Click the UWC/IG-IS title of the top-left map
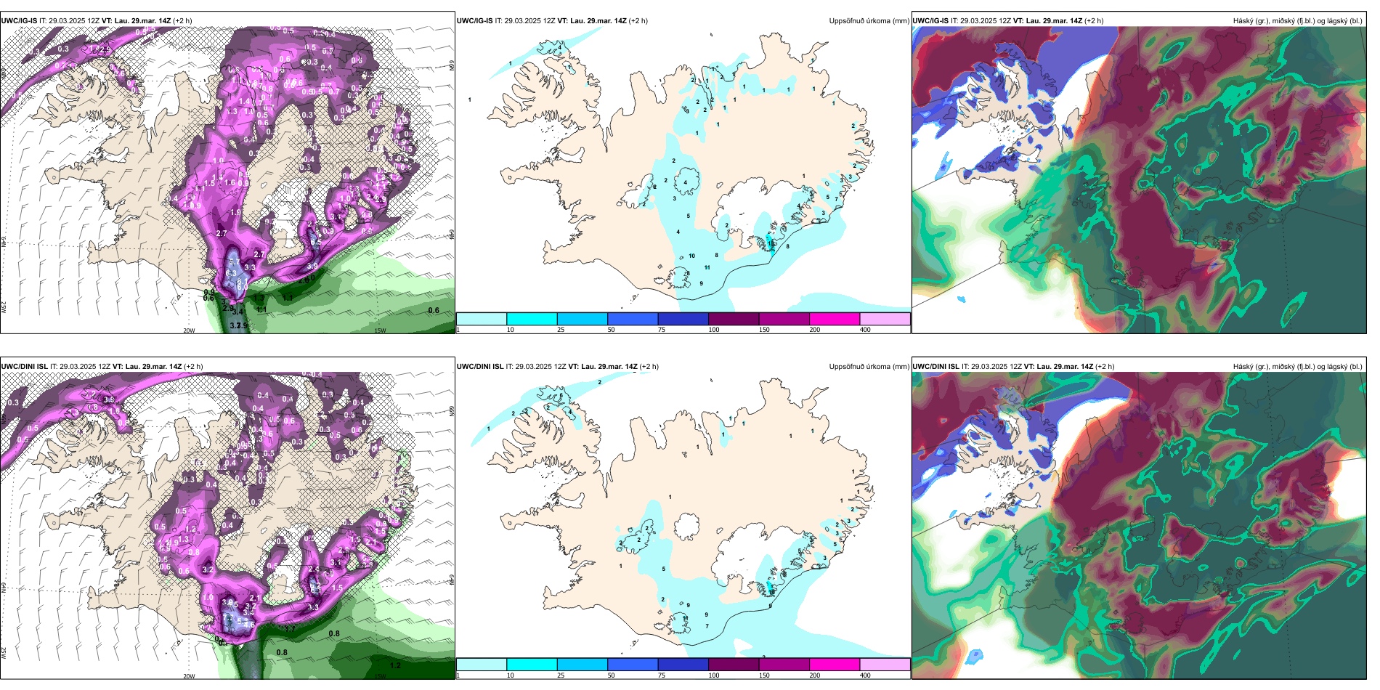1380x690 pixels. click(19, 21)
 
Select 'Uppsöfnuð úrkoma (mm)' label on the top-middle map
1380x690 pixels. click(869, 21)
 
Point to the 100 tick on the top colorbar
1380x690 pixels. click(714, 330)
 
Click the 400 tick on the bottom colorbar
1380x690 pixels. click(865, 675)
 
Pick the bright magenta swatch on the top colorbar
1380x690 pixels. click(834, 319)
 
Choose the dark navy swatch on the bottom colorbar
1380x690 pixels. click(683, 665)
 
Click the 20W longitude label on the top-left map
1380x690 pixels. click(189, 330)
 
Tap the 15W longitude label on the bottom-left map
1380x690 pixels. click(379, 676)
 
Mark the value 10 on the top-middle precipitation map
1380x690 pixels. click(692, 256)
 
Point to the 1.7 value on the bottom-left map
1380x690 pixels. click(291, 629)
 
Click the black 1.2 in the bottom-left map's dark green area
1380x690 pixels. click(395, 665)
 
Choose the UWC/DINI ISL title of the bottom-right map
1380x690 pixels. click(936, 367)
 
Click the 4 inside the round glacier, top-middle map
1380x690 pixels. click(686, 183)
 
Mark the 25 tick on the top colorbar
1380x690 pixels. click(561, 330)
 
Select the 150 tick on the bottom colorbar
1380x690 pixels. click(764, 675)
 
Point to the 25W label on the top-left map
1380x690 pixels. click(4, 307)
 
